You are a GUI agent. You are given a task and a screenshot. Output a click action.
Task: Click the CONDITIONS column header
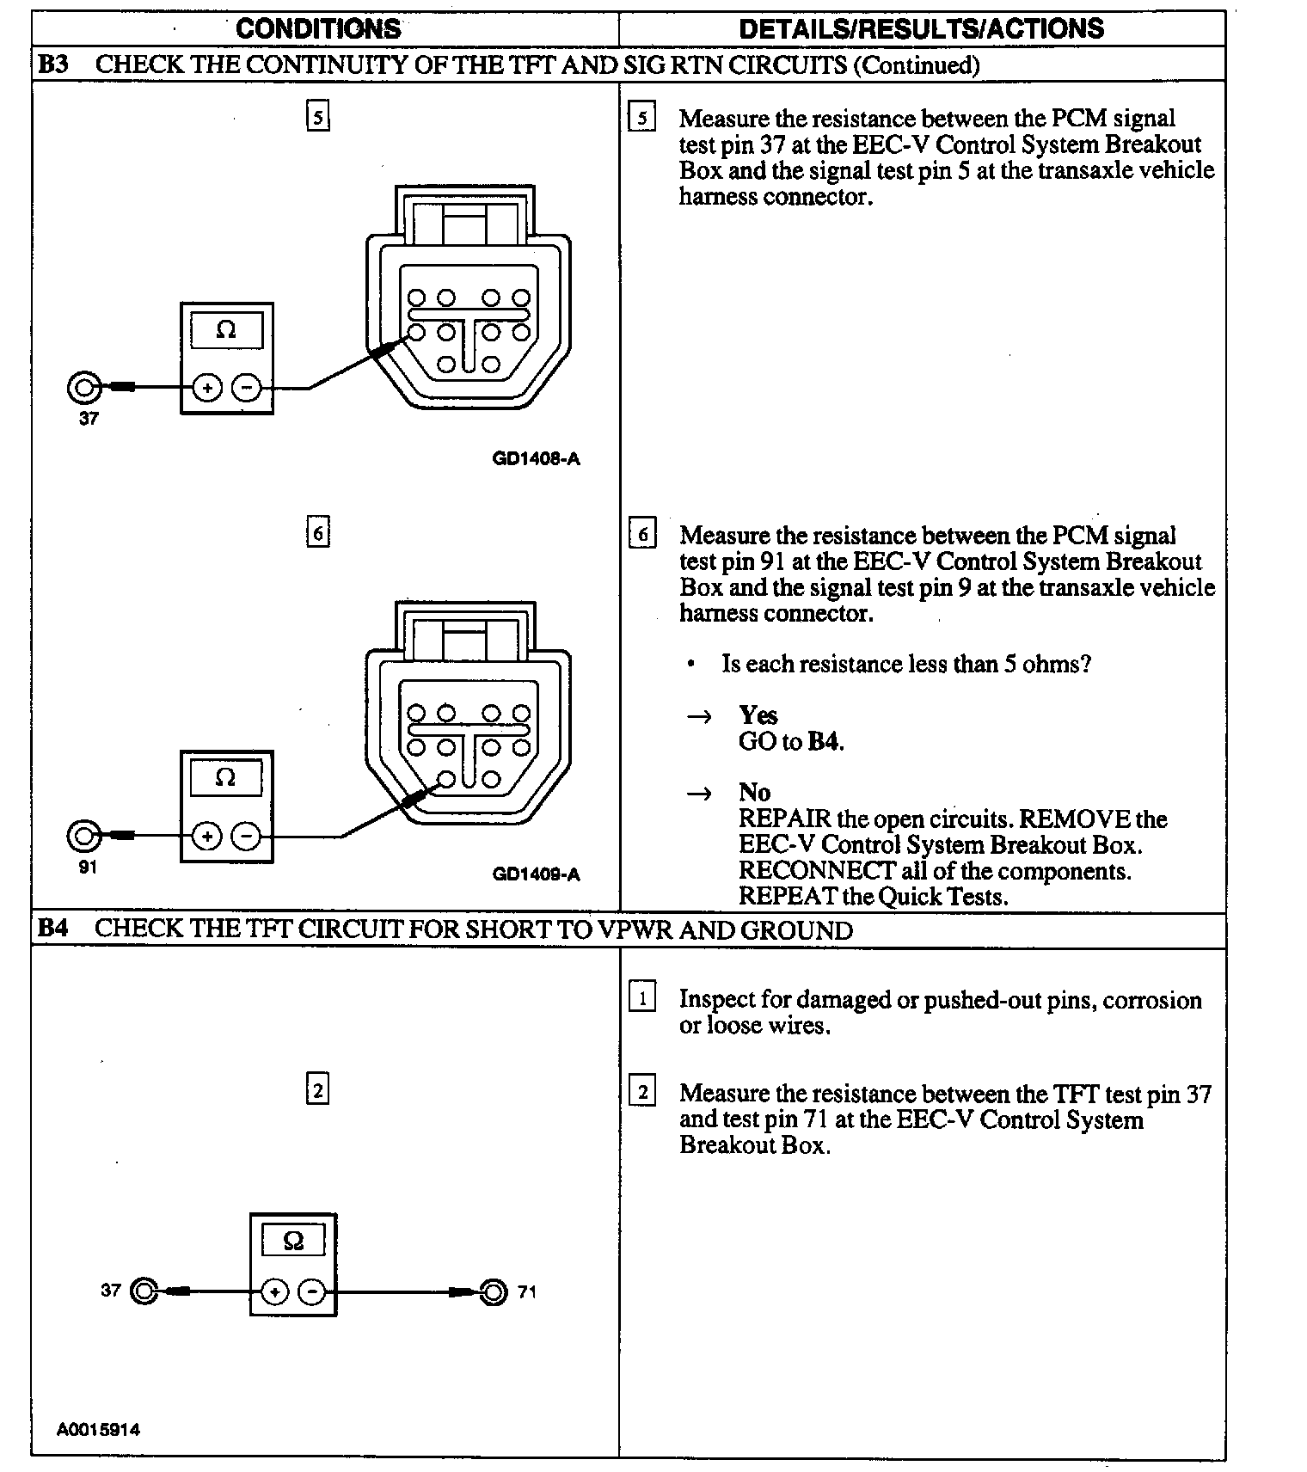pyautogui.click(x=318, y=28)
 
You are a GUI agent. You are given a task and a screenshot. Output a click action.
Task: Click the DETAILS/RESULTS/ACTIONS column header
pyautogui.click(x=921, y=28)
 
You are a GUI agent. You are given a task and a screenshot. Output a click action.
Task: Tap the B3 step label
pyautogui.click(x=53, y=64)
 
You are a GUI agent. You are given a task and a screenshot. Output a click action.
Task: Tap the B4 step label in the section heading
pyautogui.click(x=53, y=929)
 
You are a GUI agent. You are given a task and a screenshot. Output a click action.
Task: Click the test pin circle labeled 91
pyautogui.click(x=83, y=836)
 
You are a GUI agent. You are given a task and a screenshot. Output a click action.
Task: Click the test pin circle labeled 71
pyautogui.click(x=494, y=1291)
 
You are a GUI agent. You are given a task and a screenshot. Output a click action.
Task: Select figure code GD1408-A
pyautogui.click(x=536, y=458)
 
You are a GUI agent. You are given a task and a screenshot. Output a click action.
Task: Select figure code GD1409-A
pyautogui.click(x=536, y=874)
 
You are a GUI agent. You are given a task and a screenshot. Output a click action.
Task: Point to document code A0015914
pyautogui.click(x=98, y=1429)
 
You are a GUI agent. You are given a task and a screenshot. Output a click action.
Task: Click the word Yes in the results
pyautogui.click(x=758, y=715)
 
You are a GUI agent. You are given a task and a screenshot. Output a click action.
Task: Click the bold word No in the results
pyautogui.click(x=754, y=792)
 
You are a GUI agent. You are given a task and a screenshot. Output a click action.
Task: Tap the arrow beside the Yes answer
pyautogui.click(x=700, y=716)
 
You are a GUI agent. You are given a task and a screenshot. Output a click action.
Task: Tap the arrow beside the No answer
pyautogui.click(x=700, y=793)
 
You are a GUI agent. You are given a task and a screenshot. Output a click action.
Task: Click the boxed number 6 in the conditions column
pyautogui.click(x=318, y=533)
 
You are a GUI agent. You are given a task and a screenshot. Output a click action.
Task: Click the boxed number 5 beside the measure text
pyautogui.click(x=642, y=118)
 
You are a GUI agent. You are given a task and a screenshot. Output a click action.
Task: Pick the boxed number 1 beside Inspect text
pyautogui.click(x=642, y=999)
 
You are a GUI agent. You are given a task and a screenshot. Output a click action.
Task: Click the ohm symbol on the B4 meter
pyautogui.click(x=293, y=1241)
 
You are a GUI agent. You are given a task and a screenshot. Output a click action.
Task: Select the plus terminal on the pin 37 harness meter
pyautogui.click(x=206, y=388)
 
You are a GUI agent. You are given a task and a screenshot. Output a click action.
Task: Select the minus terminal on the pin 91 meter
pyautogui.click(x=247, y=836)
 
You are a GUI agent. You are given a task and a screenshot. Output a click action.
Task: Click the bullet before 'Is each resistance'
pyautogui.click(x=690, y=665)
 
